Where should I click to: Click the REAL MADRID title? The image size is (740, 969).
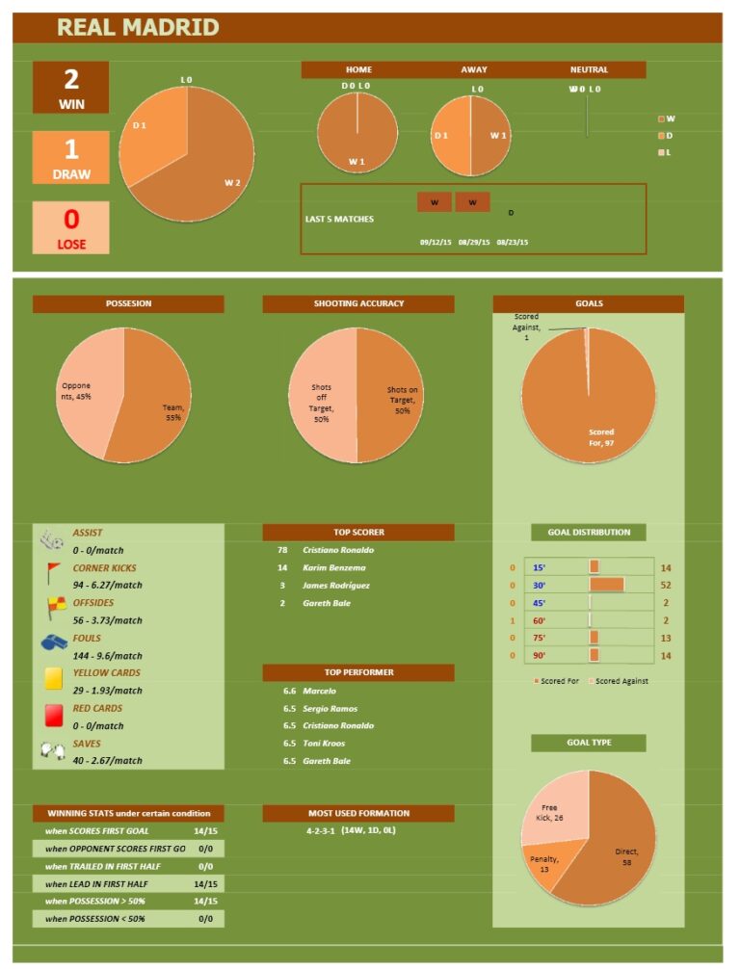click(138, 27)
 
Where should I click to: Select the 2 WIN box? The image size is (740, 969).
click(71, 88)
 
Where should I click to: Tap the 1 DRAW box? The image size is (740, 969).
click(71, 158)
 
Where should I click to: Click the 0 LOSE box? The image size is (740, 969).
click(71, 228)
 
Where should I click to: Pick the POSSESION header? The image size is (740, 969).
click(128, 303)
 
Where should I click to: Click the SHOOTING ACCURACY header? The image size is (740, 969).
click(358, 303)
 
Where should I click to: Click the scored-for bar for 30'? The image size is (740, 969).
click(606, 585)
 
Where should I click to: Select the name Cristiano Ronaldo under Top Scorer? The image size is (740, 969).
click(338, 550)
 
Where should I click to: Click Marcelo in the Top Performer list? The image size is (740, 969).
click(319, 691)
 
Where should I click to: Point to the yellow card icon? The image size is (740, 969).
click(53, 679)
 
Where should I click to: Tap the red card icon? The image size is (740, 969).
click(53, 715)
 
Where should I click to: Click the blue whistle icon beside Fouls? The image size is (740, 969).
click(53, 642)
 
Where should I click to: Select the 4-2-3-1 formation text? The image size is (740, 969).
click(320, 830)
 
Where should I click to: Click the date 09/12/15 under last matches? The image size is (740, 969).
click(436, 243)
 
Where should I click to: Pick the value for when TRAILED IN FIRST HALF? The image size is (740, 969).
click(205, 866)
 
